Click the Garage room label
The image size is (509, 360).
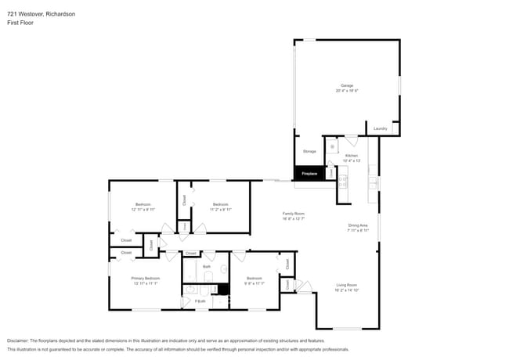tap(346, 85)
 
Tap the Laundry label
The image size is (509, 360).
tap(381, 128)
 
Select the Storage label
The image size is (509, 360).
tap(309, 151)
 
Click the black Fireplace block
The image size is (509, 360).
tap(309, 174)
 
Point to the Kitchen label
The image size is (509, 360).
tap(352, 156)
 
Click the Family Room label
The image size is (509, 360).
tap(294, 214)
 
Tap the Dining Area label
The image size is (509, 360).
tap(359, 226)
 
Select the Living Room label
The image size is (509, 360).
tap(347, 284)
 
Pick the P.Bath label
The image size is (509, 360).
tap(200, 301)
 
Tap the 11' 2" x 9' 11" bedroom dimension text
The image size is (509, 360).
tap(221, 210)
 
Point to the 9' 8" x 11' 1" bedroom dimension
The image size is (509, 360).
tap(254, 283)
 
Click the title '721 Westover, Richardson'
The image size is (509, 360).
tap(42, 13)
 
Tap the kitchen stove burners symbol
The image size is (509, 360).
tap(342, 182)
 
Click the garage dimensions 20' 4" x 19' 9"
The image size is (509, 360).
tap(346, 91)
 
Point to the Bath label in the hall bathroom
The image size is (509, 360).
tap(207, 267)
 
